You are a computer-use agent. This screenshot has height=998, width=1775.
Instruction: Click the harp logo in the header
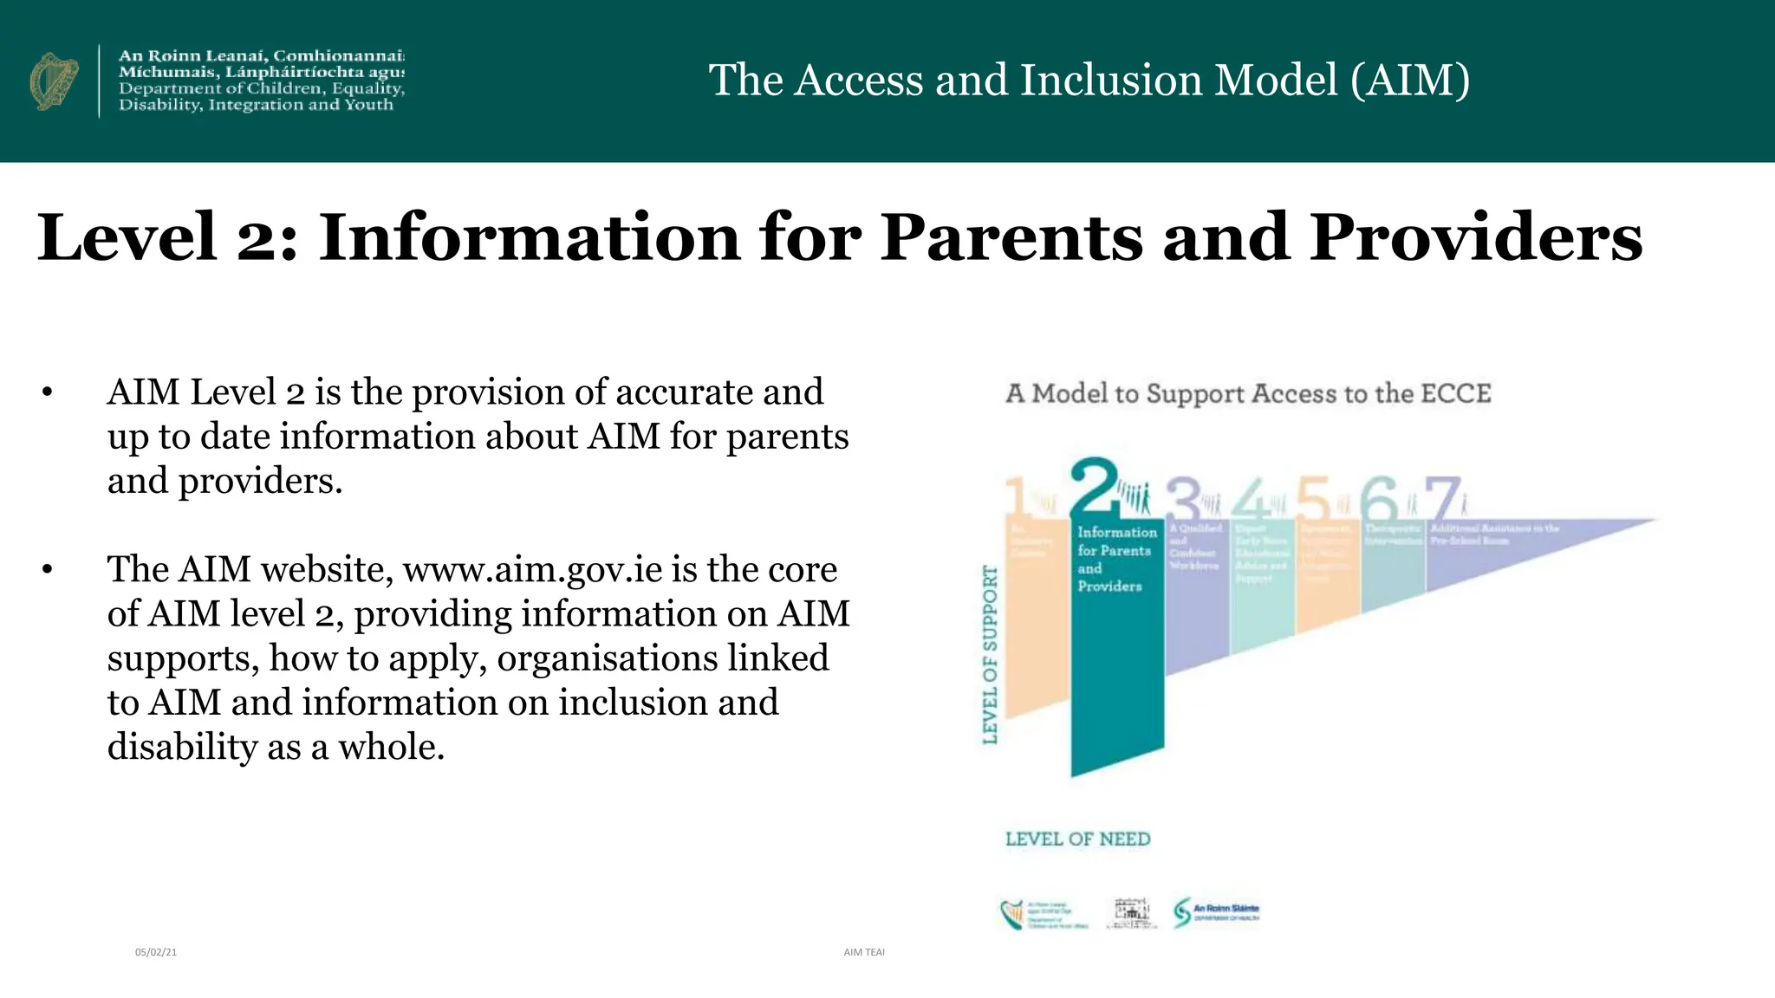pyautogui.click(x=54, y=81)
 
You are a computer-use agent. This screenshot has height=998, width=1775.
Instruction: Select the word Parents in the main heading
pyautogui.click(x=1011, y=237)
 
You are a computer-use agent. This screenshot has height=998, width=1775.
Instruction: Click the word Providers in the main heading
pyautogui.click(x=1475, y=237)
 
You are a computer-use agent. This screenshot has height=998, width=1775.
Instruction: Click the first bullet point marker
pyautogui.click(x=47, y=393)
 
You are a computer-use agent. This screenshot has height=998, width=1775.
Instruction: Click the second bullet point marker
pyautogui.click(x=47, y=570)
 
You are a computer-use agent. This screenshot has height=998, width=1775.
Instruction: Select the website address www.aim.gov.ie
pyautogui.click(x=532, y=570)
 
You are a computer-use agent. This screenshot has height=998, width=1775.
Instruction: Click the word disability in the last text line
pyautogui.click(x=181, y=747)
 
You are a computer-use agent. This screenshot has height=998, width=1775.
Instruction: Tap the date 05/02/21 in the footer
pyautogui.click(x=156, y=952)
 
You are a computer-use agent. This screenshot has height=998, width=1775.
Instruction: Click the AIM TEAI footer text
pyautogui.click(x=864, y=952)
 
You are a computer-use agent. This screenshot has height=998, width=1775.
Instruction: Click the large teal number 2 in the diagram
pyautogui.click(x=1094, y=489)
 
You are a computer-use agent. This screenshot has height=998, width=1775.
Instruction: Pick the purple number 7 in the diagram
pyautogui.click(x=1442, y=499)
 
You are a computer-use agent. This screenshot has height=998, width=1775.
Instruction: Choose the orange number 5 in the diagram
pyautogui.click(x=1313, y=499)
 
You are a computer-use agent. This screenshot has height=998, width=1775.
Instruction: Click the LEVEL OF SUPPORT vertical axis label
pyautogui.click(x=990, y=655)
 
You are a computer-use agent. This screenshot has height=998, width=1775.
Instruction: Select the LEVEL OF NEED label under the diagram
pyautogui.click(x=1077, y=839)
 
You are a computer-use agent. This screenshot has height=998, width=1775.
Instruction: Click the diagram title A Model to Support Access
pyautogui.click(x=1248, y=394)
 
